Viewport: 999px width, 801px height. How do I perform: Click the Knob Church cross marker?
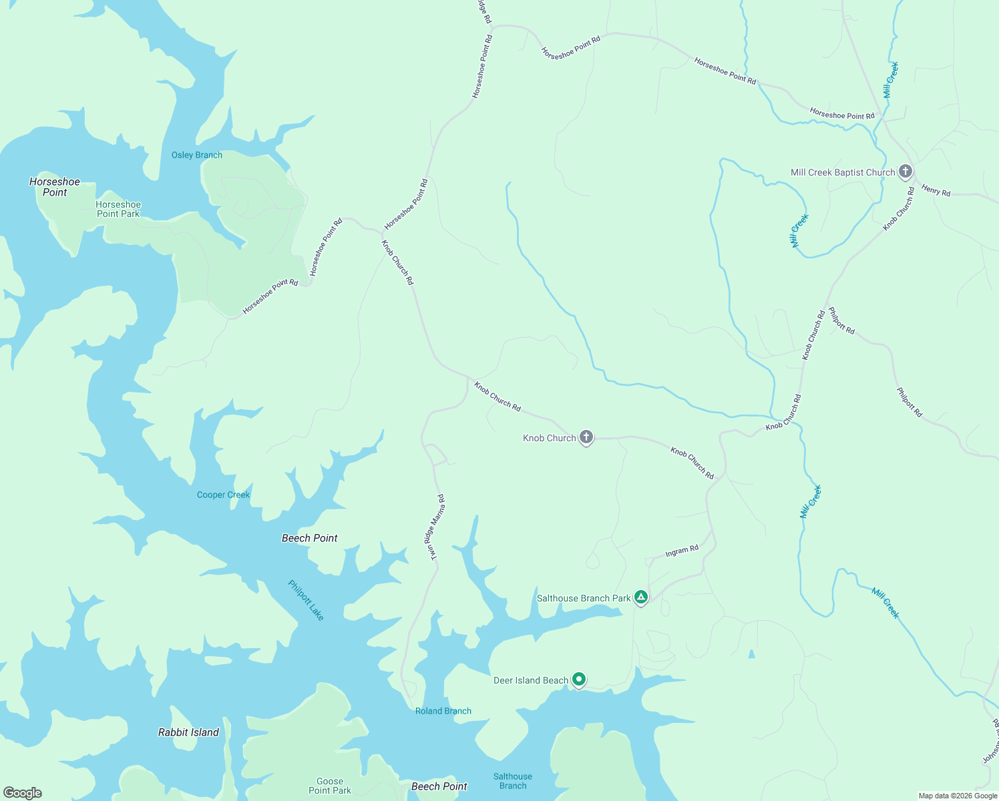586,437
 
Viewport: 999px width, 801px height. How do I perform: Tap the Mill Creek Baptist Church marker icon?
905,172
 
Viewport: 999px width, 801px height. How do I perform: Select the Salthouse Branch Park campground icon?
641,597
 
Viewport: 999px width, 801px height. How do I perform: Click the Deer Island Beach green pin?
579,680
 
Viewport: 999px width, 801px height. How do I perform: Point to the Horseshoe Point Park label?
118,209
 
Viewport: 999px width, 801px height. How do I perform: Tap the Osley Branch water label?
197,155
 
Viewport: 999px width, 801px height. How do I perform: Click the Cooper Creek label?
223,495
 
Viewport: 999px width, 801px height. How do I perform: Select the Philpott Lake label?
306,600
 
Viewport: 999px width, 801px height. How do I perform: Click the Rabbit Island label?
188,732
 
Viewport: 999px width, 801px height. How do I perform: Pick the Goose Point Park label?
330,786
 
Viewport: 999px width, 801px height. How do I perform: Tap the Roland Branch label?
443,711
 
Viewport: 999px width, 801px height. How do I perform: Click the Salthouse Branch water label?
513,781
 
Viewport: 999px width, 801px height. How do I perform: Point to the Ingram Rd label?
682,551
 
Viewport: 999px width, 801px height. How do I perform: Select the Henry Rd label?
936,190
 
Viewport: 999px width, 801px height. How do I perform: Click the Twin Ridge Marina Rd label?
434,527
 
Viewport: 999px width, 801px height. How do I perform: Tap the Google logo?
23,793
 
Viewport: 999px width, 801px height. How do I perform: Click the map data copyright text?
958,796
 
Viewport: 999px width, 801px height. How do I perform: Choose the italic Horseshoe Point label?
55,187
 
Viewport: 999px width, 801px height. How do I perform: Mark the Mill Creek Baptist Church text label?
842,172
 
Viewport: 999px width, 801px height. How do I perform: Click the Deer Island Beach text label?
530,680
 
